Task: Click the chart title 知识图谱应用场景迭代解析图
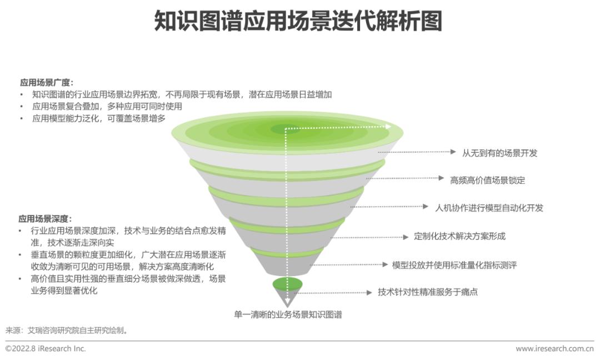[298, 21]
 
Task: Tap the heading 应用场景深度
[45, 219]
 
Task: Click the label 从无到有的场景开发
[500, 153]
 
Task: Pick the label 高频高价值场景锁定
[488, 180]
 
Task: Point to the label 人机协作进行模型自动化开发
[489, 208]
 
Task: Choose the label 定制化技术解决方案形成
[459, 236]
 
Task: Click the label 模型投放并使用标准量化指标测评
[454, 265]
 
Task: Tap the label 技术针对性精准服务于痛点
[428, 292]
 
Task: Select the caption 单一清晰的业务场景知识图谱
[288, 314]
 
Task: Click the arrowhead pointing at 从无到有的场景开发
[453, 152]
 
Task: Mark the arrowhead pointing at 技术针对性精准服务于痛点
[369, 293]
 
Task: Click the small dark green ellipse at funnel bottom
[287, 284]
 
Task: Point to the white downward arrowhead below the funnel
[287, 303]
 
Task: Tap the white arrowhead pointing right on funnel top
[388, 127]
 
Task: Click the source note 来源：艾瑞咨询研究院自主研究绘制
[67, 330]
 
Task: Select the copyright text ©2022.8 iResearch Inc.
[46, 348]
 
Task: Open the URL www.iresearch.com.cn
[555, 348]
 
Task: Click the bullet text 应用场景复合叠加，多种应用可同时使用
[107, 106]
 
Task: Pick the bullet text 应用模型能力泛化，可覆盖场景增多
[99, 118]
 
